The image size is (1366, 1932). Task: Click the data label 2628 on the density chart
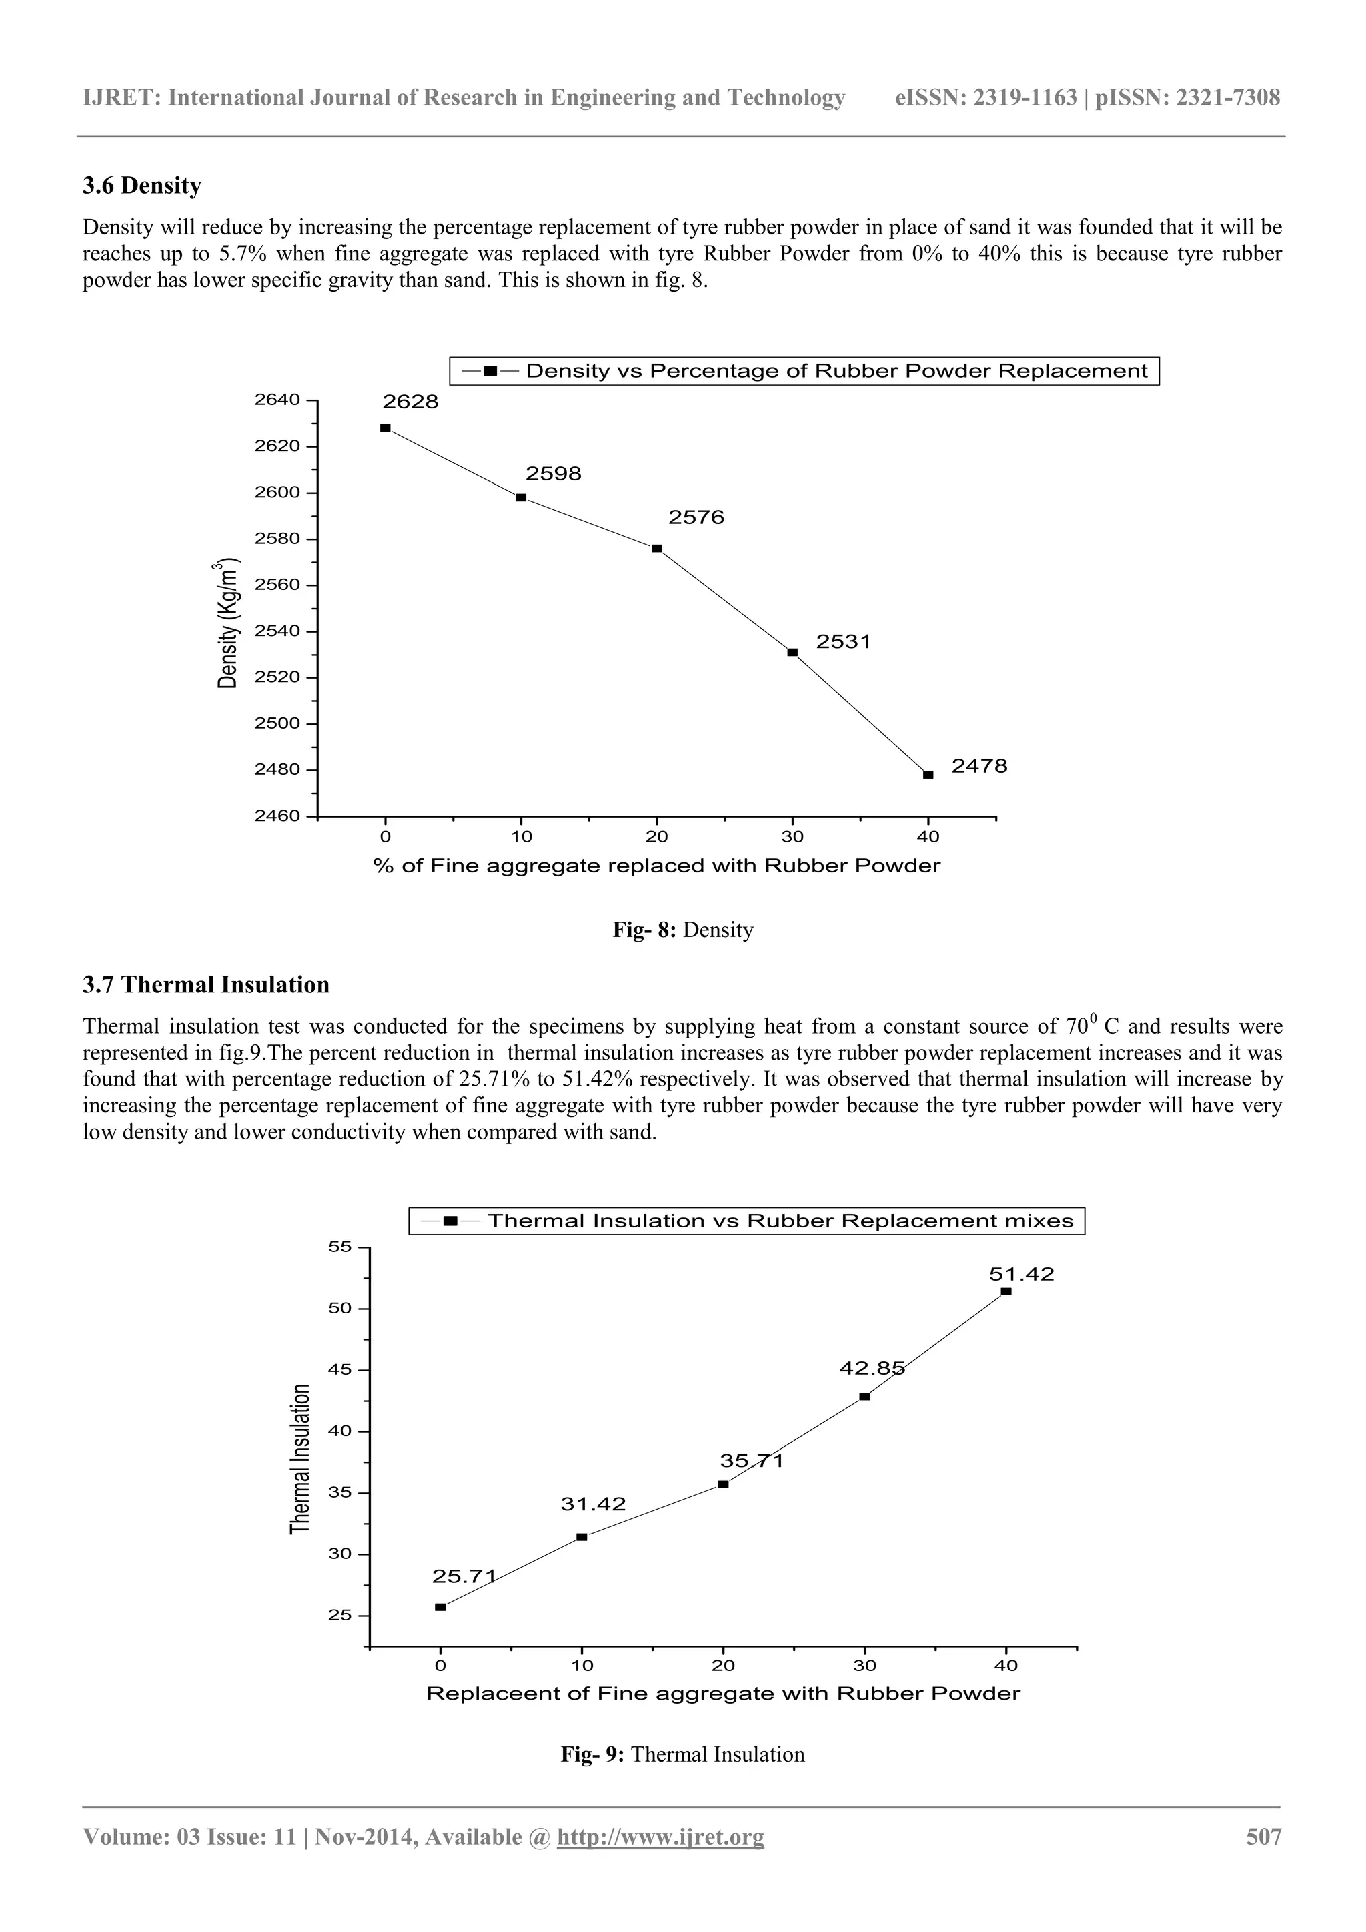[x=410, y=402]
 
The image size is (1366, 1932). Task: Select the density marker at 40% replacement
[x=928, y=775]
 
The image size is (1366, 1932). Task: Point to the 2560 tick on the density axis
[x=277, y=585]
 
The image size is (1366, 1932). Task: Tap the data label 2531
[x=843, y=642]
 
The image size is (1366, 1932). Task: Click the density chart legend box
[x=804, y=371]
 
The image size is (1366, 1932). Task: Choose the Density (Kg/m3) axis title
[x=229, y=623]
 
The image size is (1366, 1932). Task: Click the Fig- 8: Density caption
[x=682, y=930]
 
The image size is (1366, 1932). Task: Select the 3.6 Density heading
[x=142, y=186]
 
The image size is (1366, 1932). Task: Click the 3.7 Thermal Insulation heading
[x=206, y=984]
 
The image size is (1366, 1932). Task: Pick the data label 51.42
[x=1021, y=1274]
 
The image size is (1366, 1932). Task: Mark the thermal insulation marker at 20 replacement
[x=722, y=1484]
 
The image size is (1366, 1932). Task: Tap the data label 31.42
[x=593, y=1504]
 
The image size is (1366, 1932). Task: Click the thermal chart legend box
[x=747, y=1221]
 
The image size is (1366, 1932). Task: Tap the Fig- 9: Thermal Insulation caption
[x=682, y=1754]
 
